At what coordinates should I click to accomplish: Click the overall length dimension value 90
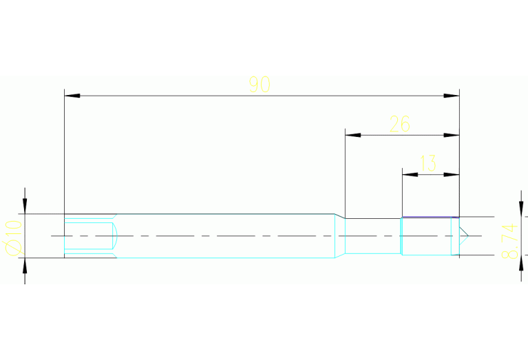pyautogui.click(x=260, y=85)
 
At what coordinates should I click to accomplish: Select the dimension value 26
pyautogui.click(x=400, y=125)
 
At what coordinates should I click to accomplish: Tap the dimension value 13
pyautogui.click(x=427, y=164)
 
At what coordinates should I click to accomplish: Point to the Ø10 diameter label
pyautogui.click(x=12, y=236)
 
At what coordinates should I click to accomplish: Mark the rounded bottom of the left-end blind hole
pyautogui.click(x=115, y=236)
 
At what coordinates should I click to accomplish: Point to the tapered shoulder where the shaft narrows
pyautogui.click(x=339, y=236)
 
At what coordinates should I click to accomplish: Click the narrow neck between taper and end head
pyautogui.click(x=372, y=236)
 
